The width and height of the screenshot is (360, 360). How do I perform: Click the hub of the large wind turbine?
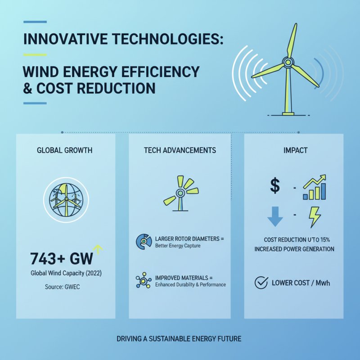tap(287, 62)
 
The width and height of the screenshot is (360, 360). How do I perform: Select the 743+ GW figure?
tap(61, 259)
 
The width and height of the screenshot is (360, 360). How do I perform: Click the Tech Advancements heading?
tap(180, 150)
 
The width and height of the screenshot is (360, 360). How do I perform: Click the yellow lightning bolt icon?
tap(315, 216)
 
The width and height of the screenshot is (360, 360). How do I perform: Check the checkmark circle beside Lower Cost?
tap(261, 283)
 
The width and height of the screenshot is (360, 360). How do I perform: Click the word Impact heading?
tap(295, 150)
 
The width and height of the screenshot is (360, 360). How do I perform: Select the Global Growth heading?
tap(65, 150)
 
